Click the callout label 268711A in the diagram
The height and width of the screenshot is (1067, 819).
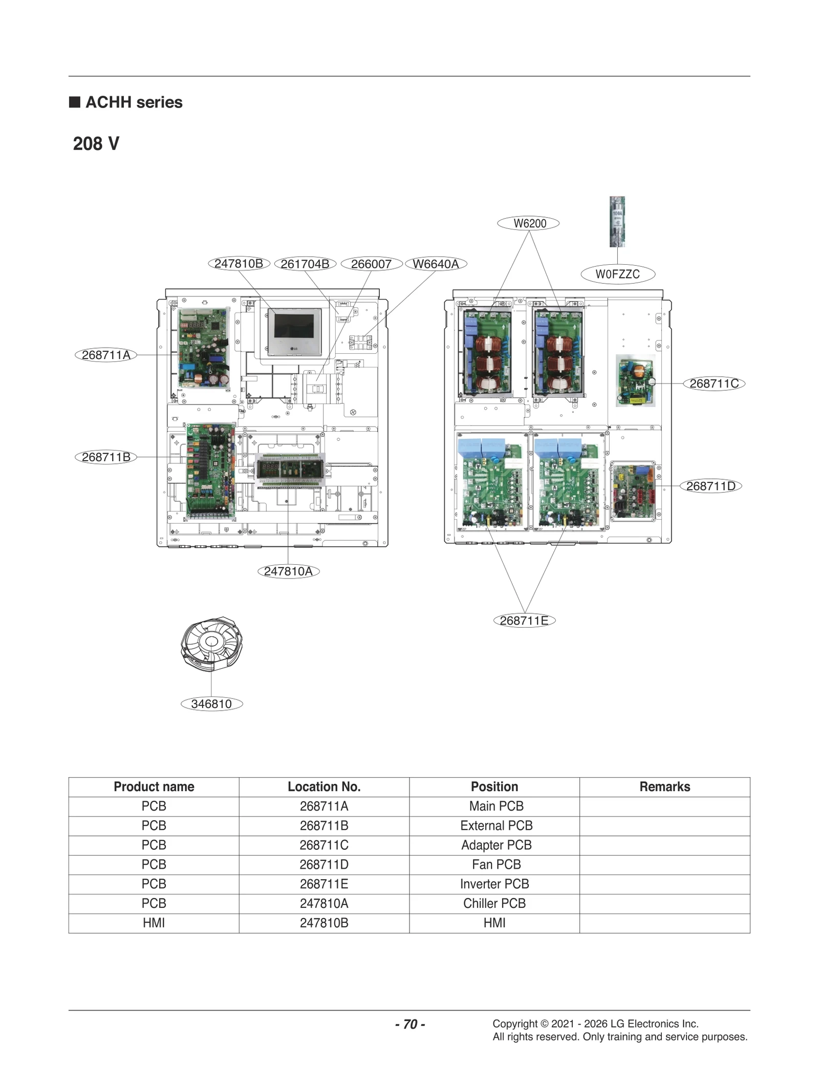pyautogui.click(x=106, y=355)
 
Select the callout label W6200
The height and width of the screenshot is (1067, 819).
pyautogui.click(x=529, y=223)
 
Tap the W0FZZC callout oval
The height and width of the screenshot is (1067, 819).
pyautogui.click(x=617, y=274)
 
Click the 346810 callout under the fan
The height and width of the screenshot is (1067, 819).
pyautogui.click(x=211, y=703)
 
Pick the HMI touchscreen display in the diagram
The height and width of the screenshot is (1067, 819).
pyautogui.click(x=294, y=331)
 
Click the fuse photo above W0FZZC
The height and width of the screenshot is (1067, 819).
pyautogui.click(x=617, y=221)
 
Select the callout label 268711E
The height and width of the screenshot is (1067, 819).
pyautogui.click(x=524, y=621)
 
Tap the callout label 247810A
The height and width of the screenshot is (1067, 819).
pyautogui.click(x=288, y=571)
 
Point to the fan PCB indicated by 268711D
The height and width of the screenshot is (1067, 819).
pyautogui.click(x=633, y=490)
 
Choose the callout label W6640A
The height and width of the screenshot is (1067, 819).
pyautogui.click(x=436, y=264)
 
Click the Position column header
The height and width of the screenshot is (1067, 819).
pyautogui.click(x=494, y=786)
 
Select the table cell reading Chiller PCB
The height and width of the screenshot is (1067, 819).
pyautogui.click(x=494, y=903)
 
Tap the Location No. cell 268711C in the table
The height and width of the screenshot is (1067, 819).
pyautogui.click(x=324, y=845)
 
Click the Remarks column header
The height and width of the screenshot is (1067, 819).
pyautogui.click(x=664, y=786)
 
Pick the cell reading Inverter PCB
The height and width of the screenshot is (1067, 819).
pyautogui.click(x=494, y=884)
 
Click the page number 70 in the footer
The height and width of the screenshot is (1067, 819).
pyautogui.click(x=410, y=1024)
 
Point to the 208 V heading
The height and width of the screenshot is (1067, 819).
pyautogui.click(x=96, y=144)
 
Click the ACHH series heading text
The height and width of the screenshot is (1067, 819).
pyautogui.click(x=134, y=102)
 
